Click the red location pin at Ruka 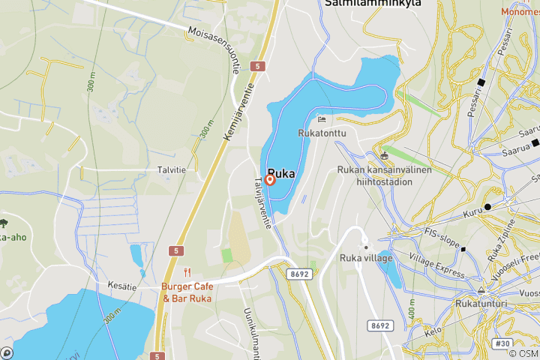pyautogui.click(x=270, y=180)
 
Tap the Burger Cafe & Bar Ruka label pyautogui.click(x=187, y=292)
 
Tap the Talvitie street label pyautogui.click(x=171, y=170)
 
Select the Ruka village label pyautogui.click(x=367, y=258)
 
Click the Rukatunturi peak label pyautogui.click(x=481, y=304)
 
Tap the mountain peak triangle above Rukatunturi pyautogui.click(x=481, y=289)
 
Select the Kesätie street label pyautogui.click(x=121, y=285)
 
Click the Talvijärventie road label pyautogui.click(x=265, y=202)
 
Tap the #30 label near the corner pyautogui.click(x=502, y=343)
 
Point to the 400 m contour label pyautogui.click(x=411, y=307)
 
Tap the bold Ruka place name pyautogui.click(x=280, y=172)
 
